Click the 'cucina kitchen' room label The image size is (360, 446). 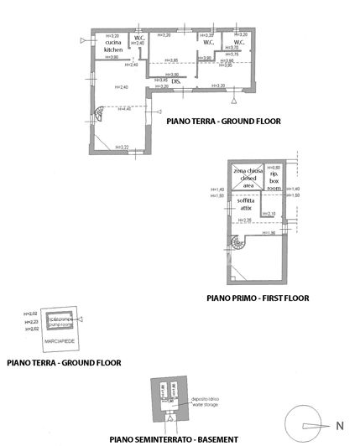[114, 46]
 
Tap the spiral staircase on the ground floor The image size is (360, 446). [99, 115]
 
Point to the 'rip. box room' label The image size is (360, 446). [274, 177]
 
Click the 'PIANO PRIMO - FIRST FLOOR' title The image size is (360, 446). [258, 297]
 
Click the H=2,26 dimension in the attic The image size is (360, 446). [244, 220]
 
